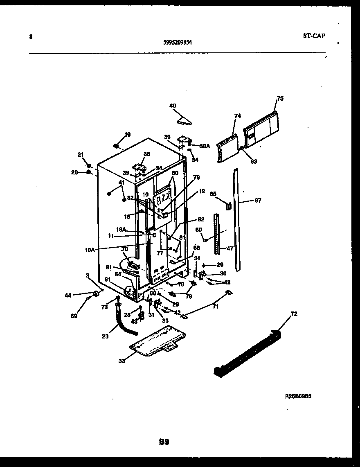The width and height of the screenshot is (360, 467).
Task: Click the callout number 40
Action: [173, 106]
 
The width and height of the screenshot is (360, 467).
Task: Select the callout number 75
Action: [280, 98]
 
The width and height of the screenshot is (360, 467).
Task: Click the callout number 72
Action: [294, 314]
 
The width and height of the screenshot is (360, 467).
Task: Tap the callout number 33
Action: [122, 361]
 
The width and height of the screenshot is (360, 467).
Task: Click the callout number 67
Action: [258, 201]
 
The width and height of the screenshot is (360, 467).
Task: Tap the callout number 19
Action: [128, 134]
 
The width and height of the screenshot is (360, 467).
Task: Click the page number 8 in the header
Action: [31, 36]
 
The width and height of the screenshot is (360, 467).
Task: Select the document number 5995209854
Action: [178, 41]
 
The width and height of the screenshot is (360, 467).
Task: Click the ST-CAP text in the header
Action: [314, 36]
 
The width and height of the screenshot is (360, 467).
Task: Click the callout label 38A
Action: [205, 146]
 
